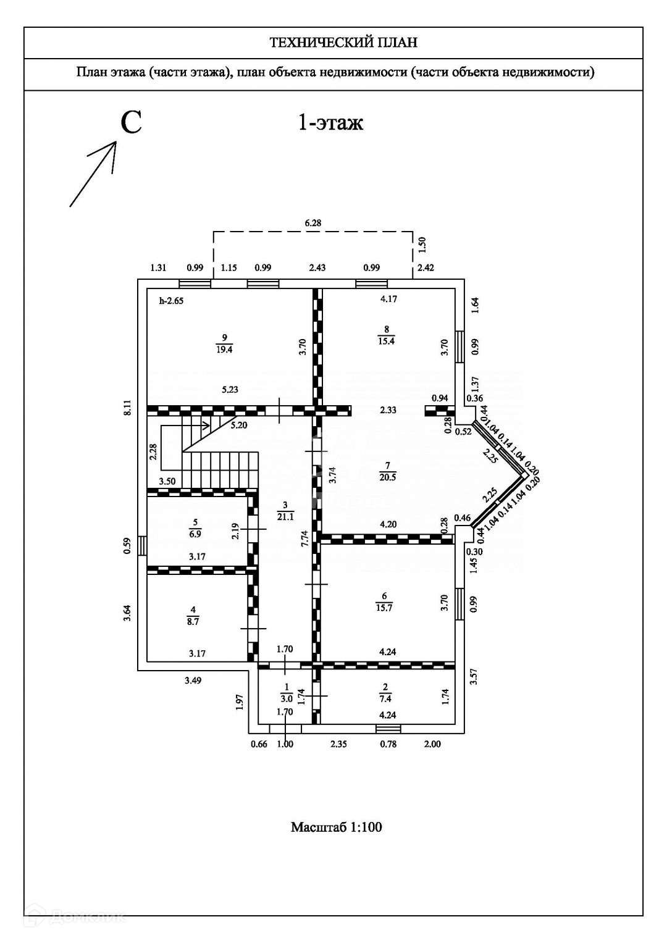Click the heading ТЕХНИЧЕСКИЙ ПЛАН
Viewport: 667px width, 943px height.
coord(343,43)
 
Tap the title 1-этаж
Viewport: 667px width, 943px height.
coord(330,122)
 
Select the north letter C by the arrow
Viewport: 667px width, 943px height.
coord(131,122)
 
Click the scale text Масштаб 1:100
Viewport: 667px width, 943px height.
coord(336,827)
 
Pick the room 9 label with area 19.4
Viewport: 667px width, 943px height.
coord(224,343)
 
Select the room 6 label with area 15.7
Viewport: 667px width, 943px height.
coord(384,601)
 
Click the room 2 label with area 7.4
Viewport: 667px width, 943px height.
coord(386,694)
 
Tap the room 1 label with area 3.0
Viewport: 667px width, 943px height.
coord(285,694)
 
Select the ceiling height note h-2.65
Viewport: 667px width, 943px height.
coord(172,301)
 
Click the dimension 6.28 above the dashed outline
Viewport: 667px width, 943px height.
coord(313,222)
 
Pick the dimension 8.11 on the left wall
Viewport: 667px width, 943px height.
coord(128,408)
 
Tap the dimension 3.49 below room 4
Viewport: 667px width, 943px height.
coord(193,681)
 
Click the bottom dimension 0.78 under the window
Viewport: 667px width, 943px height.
coord(388,744)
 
